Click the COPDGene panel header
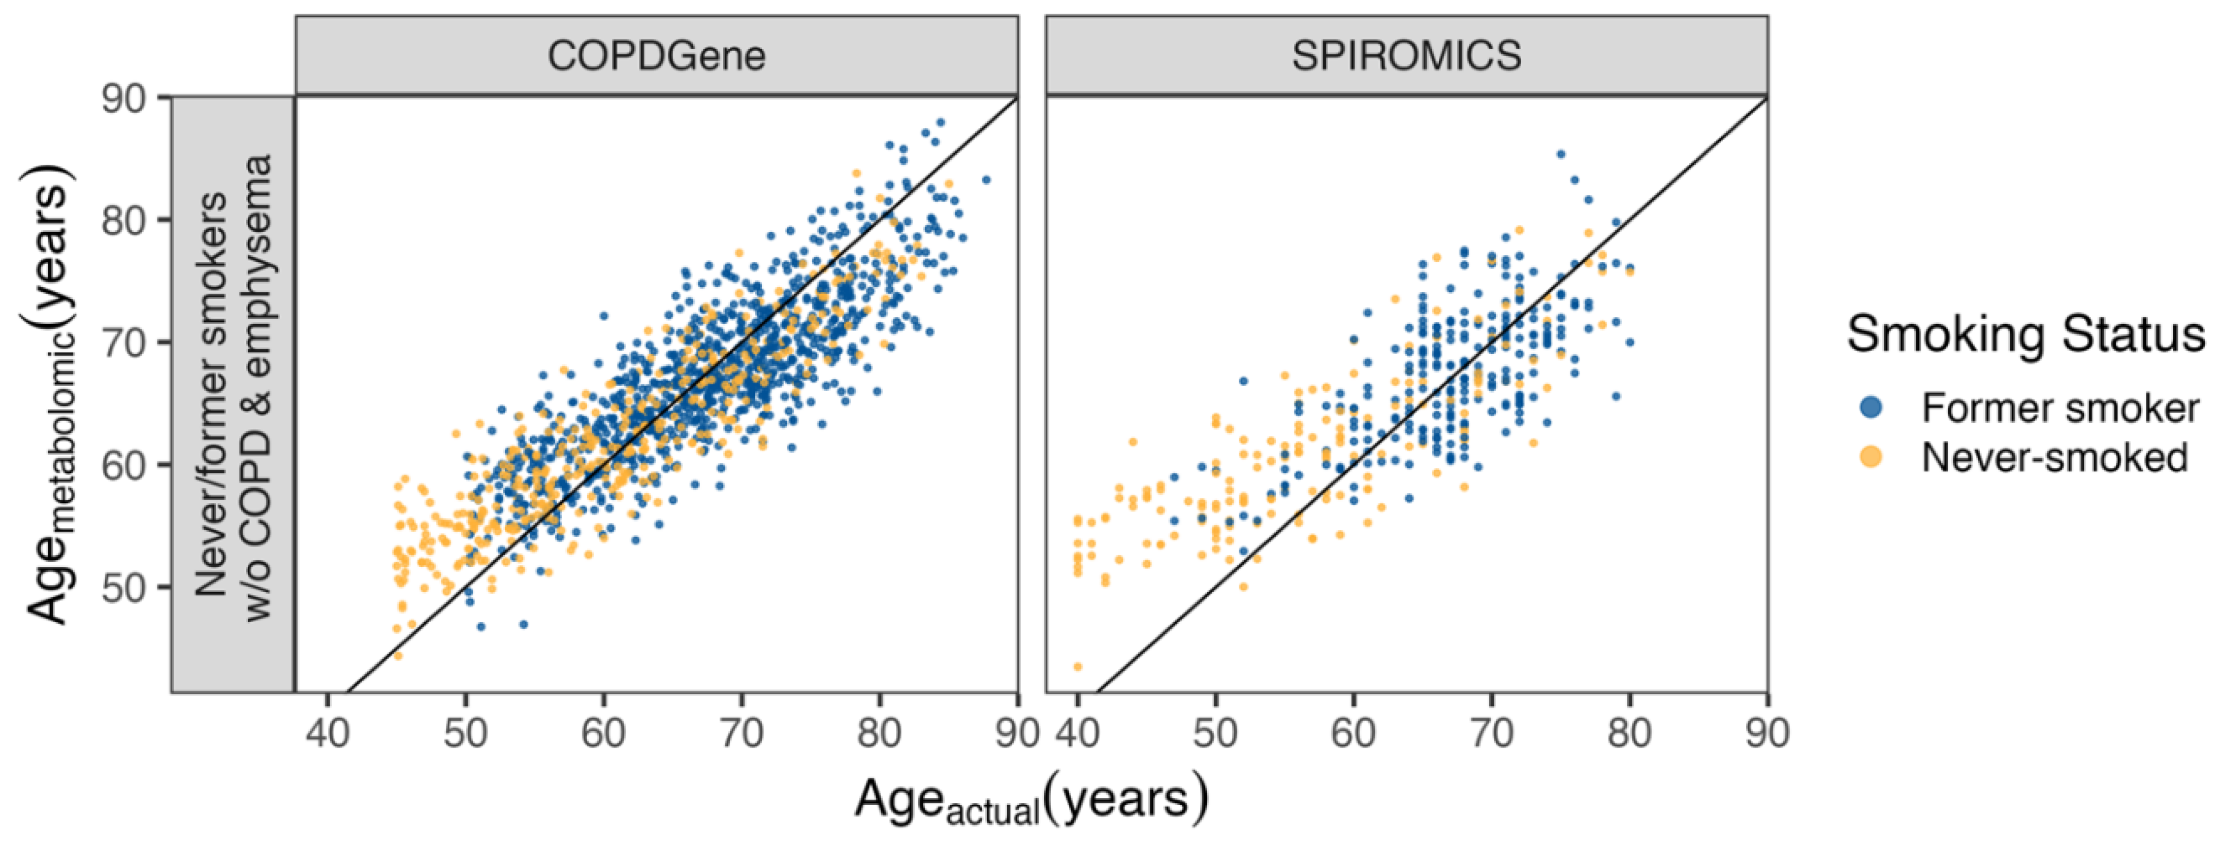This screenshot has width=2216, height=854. pos(656,56)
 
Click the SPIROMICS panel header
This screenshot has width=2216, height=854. pos(1406,56)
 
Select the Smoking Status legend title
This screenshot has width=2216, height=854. pos(2026,334)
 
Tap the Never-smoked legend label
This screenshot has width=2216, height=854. pos(2054,457)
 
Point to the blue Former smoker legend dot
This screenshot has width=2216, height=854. pos(1870,408)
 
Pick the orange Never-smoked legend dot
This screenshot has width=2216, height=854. pos(1870,457)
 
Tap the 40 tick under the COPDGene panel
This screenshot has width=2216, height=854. pos(327,733)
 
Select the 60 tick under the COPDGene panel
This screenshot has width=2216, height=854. pos(603,733)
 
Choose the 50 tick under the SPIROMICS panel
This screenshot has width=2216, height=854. pos(1214,733)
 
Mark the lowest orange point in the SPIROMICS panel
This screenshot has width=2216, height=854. pos(1077,666)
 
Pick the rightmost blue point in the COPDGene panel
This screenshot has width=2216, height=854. pos(986,180)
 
